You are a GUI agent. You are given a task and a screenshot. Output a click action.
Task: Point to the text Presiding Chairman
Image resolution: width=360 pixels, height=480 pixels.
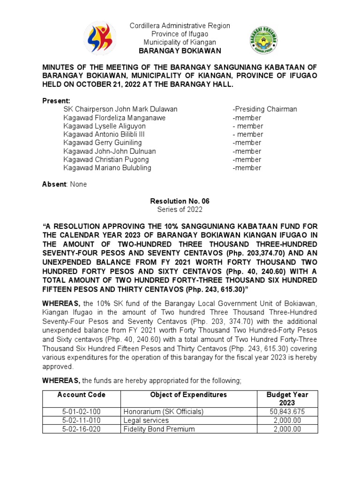[x=265, y=109]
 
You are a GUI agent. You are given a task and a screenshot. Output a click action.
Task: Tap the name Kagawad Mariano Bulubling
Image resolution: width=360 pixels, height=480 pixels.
[x=107, y=168]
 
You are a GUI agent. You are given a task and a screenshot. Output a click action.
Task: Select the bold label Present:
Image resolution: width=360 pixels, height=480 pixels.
[x=56, y=101]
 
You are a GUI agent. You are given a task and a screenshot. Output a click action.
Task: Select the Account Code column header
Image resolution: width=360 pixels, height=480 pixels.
[x=82, y=395]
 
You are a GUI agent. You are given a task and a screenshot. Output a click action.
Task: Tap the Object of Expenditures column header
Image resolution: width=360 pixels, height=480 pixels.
[x=188, y=395]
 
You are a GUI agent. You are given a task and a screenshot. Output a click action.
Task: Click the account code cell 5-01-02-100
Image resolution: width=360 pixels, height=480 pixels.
[x=82, y=412]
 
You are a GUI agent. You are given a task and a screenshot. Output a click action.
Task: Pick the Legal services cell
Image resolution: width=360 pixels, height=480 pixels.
[x=146, y=420]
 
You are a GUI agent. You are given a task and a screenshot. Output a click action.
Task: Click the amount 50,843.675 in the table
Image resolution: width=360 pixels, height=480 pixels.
[x=287, y=412]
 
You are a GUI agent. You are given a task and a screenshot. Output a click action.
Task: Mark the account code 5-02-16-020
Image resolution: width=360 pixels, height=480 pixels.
[x=82, y=428]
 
